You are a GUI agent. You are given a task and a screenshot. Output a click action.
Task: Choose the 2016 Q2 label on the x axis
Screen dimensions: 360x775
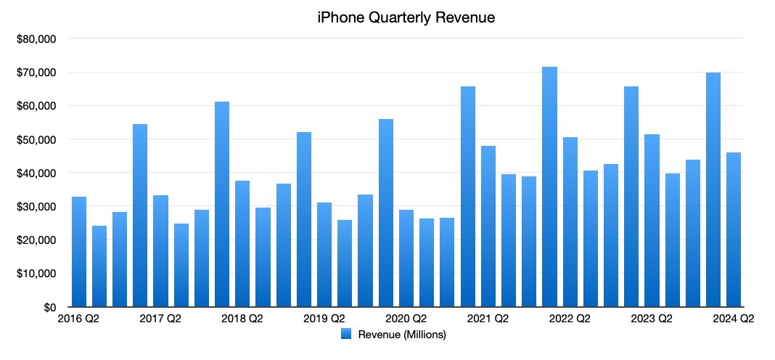pyautogui.click(x=78, y=319)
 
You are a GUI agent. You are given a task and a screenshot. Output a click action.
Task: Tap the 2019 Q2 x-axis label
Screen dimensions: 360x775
pyautogui.click(x=324, y=319)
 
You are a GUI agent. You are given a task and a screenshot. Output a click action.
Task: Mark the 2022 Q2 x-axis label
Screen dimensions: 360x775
pyautogui.click(x=570, y=319)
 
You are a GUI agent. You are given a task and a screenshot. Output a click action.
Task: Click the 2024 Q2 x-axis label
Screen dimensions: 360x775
pyautogui.click(x=734, y=319)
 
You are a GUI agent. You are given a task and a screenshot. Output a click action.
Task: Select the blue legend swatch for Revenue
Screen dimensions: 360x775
pyautogui.click(x=346, y=335)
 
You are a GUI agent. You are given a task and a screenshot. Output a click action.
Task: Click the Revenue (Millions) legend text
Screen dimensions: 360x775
pyautogui.click(x=401, y=335)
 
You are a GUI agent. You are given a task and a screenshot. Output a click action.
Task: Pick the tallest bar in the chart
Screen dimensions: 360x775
pyautogui.click(x=550, y=187)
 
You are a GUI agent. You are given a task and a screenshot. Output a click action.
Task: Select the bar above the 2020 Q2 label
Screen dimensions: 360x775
pyautogui.click(x=406, y=258)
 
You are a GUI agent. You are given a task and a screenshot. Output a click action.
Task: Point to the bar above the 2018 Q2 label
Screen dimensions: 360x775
pyautogui.click(x=242, y=244)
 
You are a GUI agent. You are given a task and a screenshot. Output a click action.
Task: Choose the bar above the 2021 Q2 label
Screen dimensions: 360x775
pyautogui.click(x=488, y=226)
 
